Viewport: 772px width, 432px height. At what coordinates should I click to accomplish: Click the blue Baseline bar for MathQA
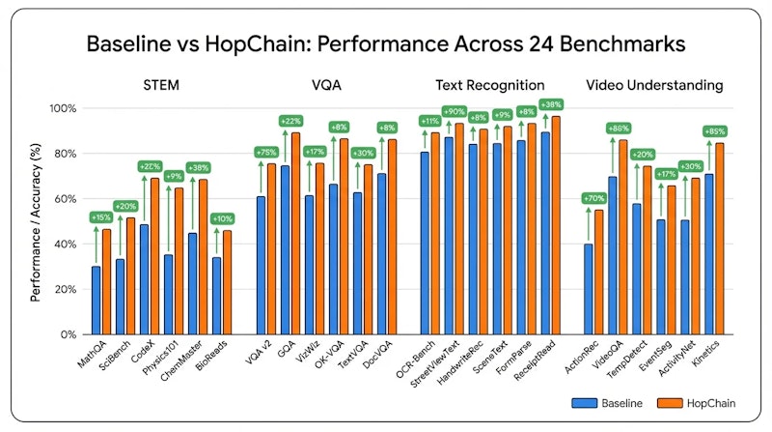tap(96, 301)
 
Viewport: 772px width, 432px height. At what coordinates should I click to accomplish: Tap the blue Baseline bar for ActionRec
tap(588, 289)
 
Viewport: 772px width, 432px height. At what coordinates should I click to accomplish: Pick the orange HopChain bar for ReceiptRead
tap(555, 225)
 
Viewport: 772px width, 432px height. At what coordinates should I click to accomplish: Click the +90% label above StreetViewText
tap(454, 113)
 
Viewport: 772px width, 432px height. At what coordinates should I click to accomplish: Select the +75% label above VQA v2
tap(264, 152)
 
